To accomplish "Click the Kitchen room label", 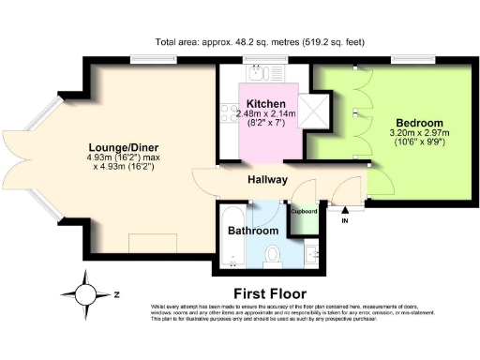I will click(265, 102).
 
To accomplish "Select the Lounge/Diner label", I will click(123, 147).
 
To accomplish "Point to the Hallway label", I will click(267, 179).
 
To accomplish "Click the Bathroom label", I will click(253, 231).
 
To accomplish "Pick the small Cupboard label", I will click(304, 212).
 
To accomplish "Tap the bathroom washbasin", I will click(312, 250).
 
